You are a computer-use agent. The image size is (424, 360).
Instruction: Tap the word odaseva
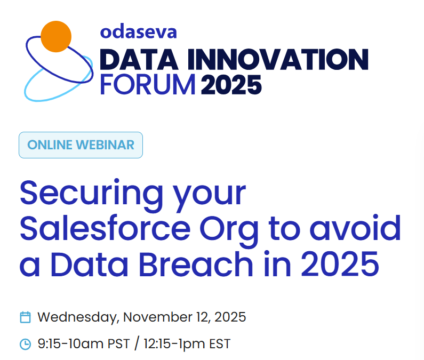pyautogui.click(x=138, y=31)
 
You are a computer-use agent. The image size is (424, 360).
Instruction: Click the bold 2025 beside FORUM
pyautogui.click(x=231, y=84)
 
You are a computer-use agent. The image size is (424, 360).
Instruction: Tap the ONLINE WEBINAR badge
pyautogui.click(x=81, y=145)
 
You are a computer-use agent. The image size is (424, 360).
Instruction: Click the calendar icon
pyautogui.click(x=25, y=317)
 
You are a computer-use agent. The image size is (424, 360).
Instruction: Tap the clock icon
pyautogui.click(x=25, y=344)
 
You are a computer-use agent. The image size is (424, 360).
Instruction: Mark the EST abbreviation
pyautogui.click(x=219, y=344)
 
